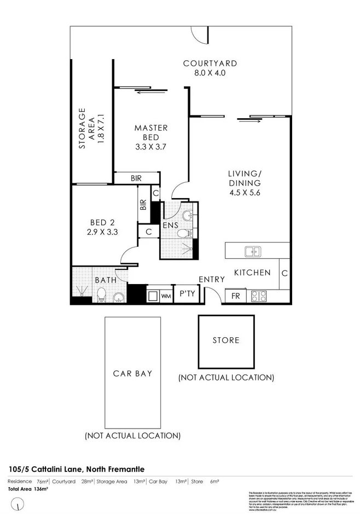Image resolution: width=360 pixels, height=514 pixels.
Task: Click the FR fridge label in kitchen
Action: pyautogui.click(x=236, y=296)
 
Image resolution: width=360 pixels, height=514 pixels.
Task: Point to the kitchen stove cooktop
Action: pyautogui.click(x=258, y=296)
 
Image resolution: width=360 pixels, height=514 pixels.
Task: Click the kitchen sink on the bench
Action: pyautogui.click(x=252, y=251)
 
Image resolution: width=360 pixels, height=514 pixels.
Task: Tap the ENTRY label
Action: pyautogui.click(x=212, y=279)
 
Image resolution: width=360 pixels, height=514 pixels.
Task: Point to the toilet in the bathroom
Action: pyautogui.click(x=101, y=296)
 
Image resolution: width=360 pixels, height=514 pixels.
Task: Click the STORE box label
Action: pyautogui.click(x=226, y=340)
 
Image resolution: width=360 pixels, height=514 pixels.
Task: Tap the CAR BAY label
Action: pyautogui.click(x=132, y=373)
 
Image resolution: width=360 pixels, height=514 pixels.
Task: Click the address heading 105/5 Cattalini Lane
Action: pyautogui.click(x=77, y=469)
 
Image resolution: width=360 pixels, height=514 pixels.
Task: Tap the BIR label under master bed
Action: pyautogui.click(x=136, y=178)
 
